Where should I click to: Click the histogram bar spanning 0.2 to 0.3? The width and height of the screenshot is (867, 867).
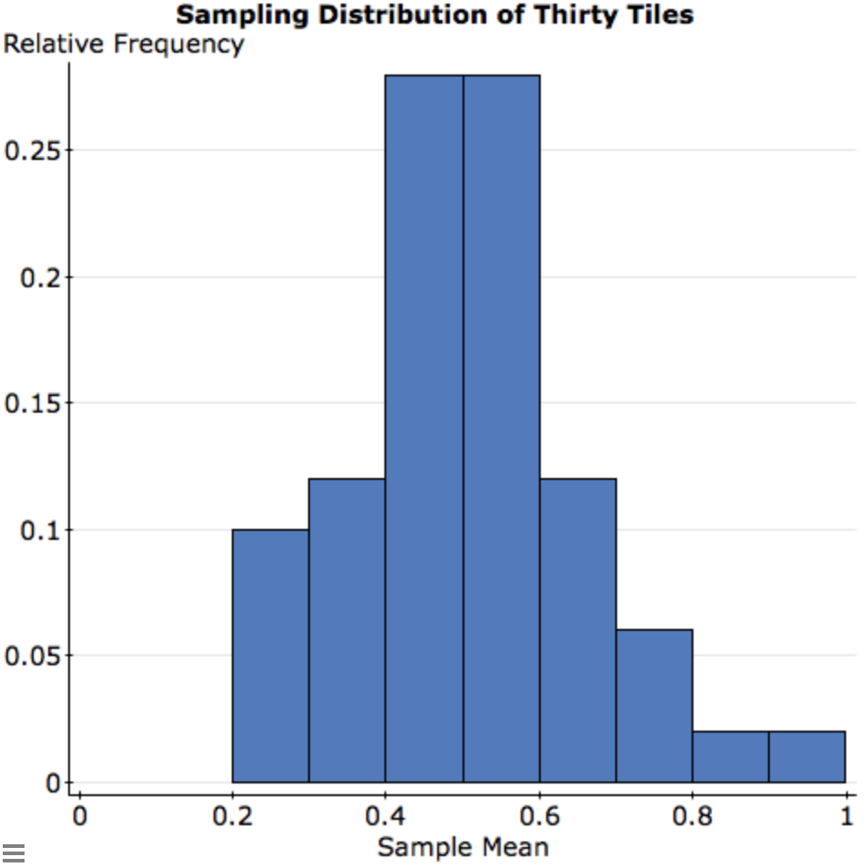(x=270, y=655)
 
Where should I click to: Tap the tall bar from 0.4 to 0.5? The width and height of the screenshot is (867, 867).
(x=424, y=428)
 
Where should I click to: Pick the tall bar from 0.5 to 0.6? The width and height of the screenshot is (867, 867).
(x=501, y=428)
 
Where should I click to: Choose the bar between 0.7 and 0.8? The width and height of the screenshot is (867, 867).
(x=653, y=705)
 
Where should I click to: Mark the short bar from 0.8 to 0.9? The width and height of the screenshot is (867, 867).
(x=730, y=756)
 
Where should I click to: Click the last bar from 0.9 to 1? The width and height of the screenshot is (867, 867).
(x=806, y=756)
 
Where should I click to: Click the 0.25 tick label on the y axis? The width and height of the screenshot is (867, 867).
(x=32, y=151)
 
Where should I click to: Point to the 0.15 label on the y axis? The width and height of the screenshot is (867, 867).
(x=32, y=404)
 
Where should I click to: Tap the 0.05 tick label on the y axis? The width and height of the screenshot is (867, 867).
(x=32, y=656)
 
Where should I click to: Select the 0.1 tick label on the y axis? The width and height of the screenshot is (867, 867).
(x=40, y=530)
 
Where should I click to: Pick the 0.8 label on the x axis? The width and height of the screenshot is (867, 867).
(x=693, y=816)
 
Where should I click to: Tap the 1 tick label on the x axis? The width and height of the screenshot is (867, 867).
(x=846, y=816)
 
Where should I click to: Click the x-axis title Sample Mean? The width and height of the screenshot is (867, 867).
(x=463, y=848)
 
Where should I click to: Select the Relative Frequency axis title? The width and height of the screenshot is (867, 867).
(x=124, y=44)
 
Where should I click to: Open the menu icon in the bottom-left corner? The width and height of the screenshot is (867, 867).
(x=14, y=852)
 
